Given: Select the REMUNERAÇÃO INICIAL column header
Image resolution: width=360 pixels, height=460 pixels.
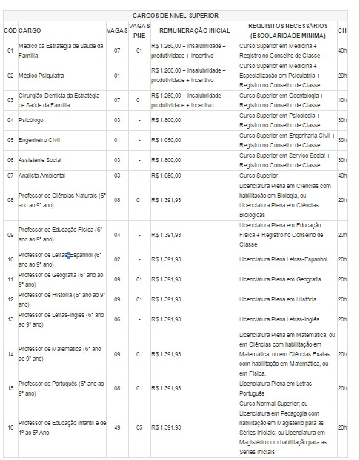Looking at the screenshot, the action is (x=190, y=30).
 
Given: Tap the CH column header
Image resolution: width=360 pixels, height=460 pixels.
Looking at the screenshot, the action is (x=341, y=30).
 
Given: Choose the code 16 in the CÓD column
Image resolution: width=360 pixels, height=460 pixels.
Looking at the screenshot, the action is (x=10, y=428).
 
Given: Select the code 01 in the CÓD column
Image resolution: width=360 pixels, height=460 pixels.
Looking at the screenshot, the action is (x=10, y=51).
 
